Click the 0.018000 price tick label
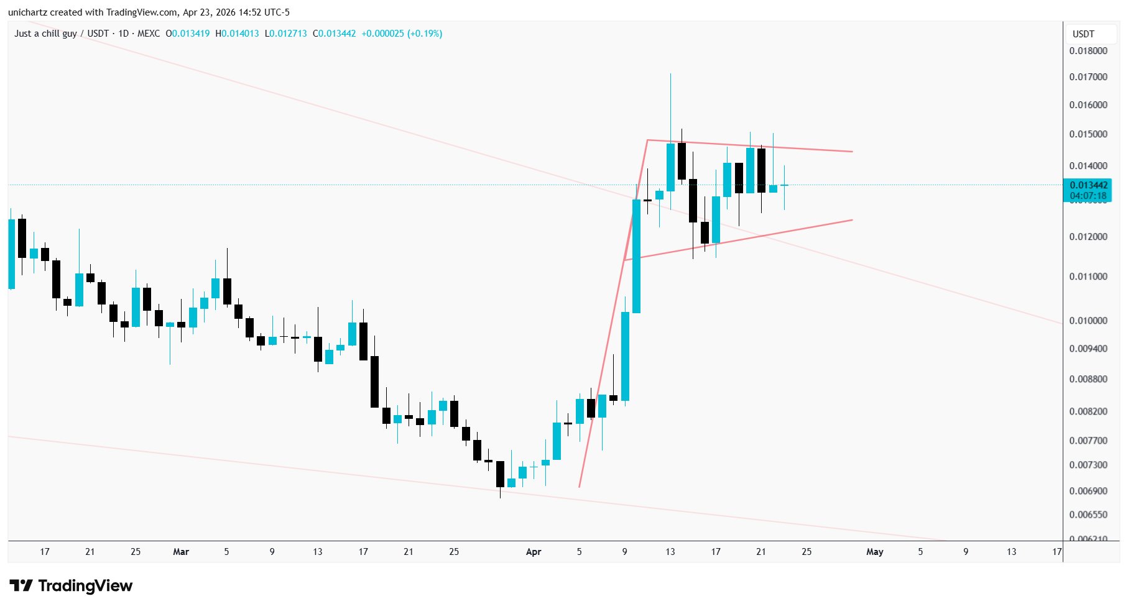click(x=1088, y=51)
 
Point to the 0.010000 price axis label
click(x=1088, y=321)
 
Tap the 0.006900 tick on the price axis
click(x=1088, y=491)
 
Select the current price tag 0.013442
click(x=1088, y=185)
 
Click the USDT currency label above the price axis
click(x=1083, y=34)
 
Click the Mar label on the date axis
click(x=181, y=552)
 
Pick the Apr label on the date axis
click(x=534, y=552)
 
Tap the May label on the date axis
click(x=874, y=552)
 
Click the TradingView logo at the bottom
click(x=71, y=586)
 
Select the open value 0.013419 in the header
click(x=190, y=34)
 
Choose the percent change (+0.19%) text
click(x=425, y=34)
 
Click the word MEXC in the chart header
click(x=148, y=34)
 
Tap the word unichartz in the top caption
click(x=28, y=12)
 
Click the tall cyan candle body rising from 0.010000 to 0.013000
click(x=636, y=256)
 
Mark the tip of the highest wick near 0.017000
click(x=670, y=74)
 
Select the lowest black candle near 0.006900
click(x=500, y=474)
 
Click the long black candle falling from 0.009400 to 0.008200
click(x=374, y=382)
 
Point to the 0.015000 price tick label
click(x=1088, y=134)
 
